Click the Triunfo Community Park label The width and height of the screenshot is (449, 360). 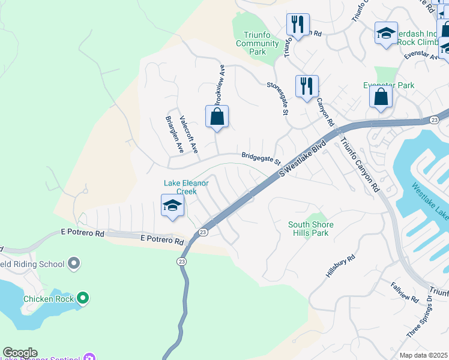[258, 43]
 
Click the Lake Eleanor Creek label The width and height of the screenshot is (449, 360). [188, 187]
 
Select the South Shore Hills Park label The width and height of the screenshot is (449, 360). [310, 229]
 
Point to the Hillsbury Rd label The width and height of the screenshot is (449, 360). [341, 265]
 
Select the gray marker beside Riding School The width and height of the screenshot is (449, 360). [74, 263]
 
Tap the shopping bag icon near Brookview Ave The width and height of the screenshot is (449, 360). [217, 117]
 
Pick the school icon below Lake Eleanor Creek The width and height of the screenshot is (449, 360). [172, 206]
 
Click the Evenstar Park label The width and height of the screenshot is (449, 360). [389, 86]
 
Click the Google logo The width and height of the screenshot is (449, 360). [20, 353]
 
